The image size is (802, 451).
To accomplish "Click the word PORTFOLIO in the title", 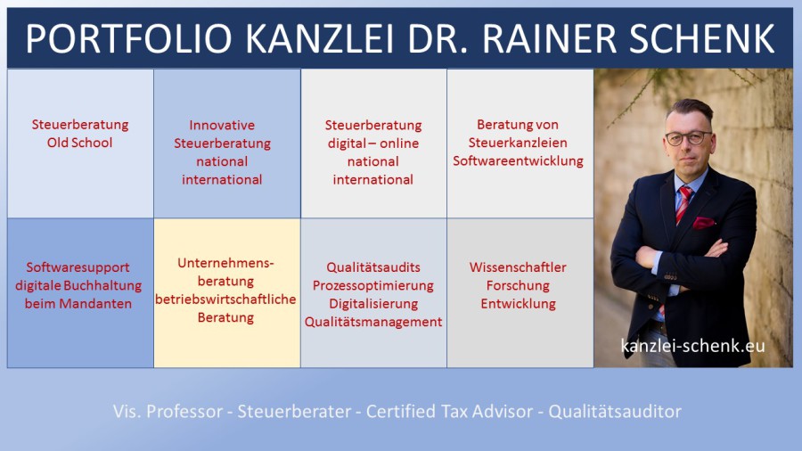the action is [x=128, y=38].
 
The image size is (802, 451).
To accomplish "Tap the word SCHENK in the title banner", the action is [x=701, y=38].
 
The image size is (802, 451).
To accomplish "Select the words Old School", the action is [x=80, y=143].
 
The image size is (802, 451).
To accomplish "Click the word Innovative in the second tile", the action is [x=222, y=126].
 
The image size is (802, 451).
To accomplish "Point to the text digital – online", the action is [x=373, y=143].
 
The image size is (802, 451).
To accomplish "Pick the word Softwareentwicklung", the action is [x=518, y=160].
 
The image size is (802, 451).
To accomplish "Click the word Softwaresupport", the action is [x=78, y=267].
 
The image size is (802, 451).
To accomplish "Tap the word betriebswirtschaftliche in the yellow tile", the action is [x=225, y=299].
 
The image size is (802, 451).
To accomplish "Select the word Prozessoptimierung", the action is [x=373, y=285].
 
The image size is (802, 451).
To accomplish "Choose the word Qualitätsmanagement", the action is [x=373, y=322].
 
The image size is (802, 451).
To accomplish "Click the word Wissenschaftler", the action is [x=518, y=267].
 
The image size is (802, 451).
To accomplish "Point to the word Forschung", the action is [x=518, y=285].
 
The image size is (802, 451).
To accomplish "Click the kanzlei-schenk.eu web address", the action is [x=693, y=346].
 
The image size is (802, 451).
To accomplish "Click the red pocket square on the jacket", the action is [x=703, y=223].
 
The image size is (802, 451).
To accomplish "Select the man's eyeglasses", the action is [x=689, y=137].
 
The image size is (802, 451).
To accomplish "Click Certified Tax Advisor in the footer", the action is [x=450, y=411].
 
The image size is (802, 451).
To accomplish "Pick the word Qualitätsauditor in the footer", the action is [x=615, y=411].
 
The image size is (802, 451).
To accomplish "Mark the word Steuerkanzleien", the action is [x=518, y=143].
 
